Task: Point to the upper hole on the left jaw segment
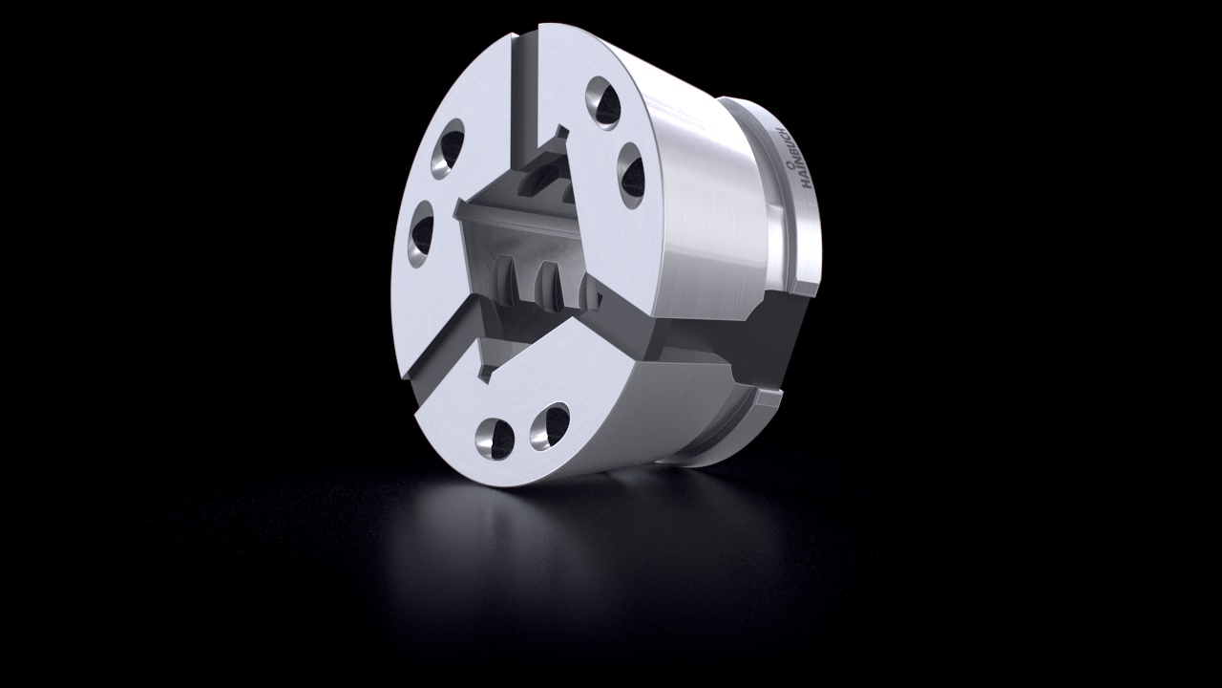[x=448, y=149]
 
